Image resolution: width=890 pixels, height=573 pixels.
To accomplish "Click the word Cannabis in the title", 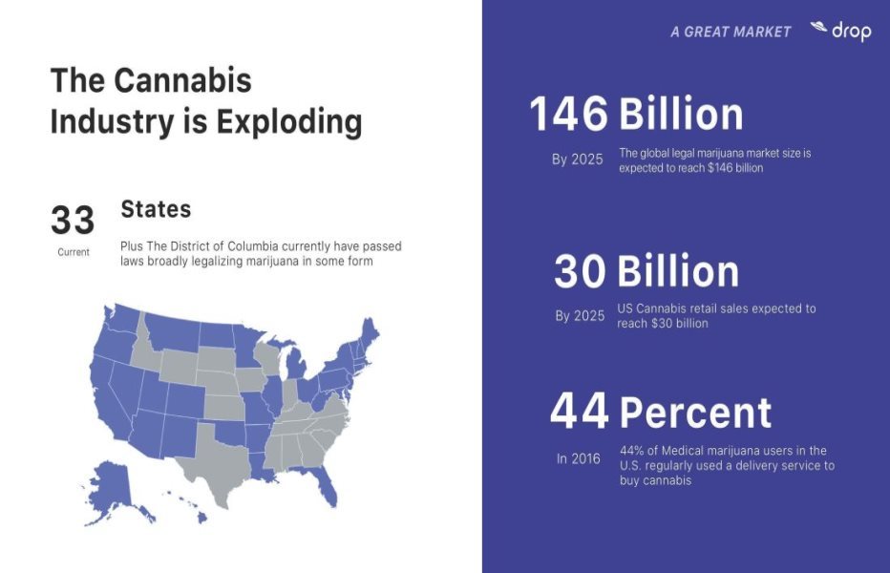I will (x=183, y=80).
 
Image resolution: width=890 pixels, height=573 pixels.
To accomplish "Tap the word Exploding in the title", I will (x=290, y=122).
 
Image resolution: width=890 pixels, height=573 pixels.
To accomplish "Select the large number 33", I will (x=73, y=221).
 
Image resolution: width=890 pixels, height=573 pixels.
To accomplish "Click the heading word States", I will (x=156, y=209).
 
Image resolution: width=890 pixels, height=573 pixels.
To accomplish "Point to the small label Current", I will (x=73, y=252).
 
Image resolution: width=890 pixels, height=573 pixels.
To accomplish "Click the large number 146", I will (x=569, y=115).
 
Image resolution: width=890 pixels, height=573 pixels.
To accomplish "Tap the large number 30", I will (x=580, y=272).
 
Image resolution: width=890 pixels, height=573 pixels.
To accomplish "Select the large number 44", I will (x=579, y=412).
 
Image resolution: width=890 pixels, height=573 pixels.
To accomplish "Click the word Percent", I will (x=695, y=413).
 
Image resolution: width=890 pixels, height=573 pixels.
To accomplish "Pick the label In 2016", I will (x=579, y=459).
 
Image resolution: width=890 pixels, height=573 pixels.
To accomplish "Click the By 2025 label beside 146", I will (x=578, y=159).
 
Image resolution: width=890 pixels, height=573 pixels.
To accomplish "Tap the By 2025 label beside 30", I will (x=580, y=316).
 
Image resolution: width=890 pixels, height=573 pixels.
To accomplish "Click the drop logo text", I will (x=851, y=32).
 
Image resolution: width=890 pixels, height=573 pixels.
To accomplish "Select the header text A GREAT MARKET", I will (x=731, y=32).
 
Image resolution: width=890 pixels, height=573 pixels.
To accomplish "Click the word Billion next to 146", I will (x=681, y=115).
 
